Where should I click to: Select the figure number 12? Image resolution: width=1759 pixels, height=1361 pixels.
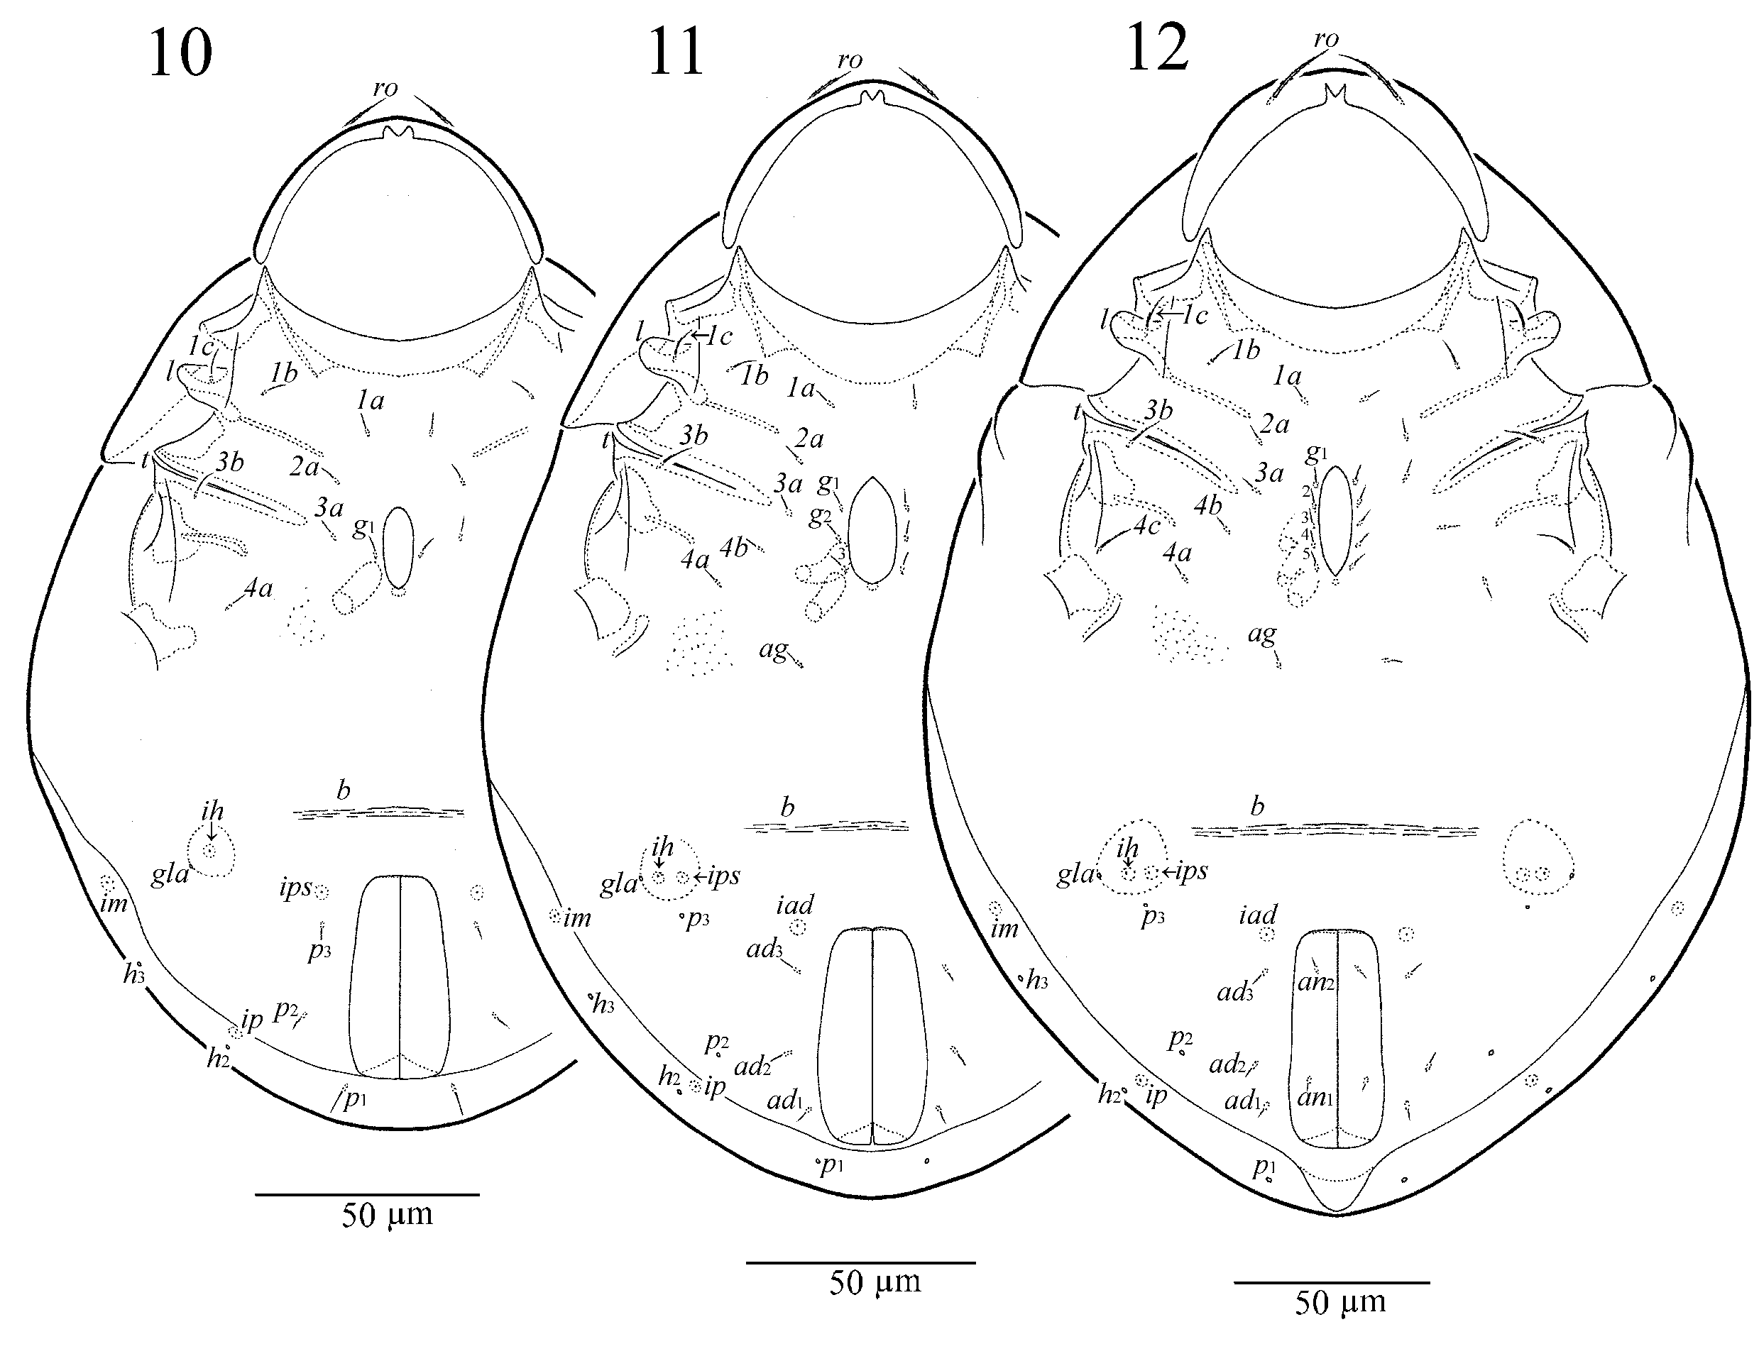click(x=1156, y=48)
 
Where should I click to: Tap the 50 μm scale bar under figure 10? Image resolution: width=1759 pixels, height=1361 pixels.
click(x=367, y=1194)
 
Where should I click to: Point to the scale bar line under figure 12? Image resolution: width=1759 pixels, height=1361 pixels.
click(x=1332, y=1282)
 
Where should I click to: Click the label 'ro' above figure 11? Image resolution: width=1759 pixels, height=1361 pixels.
click(x=850, y=60)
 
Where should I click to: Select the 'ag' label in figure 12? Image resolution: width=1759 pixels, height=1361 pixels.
click(x=1262, y=634)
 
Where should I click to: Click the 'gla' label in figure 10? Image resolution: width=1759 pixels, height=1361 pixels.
click(x=169, y=874)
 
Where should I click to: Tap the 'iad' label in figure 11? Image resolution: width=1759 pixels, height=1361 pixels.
click(x=795, y=905)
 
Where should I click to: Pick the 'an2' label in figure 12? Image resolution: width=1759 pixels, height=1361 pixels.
click(x=1316, y=981)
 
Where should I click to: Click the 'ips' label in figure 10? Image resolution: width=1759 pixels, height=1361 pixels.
click(x=295, y=888)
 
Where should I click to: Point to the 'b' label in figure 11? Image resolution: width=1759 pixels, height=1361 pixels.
click(x=787, y=806)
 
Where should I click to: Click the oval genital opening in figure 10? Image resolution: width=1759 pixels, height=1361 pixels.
click(x=398, y=548)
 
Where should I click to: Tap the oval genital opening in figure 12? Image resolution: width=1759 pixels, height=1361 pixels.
click(x=1336, y=521)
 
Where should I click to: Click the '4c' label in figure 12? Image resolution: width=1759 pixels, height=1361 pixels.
click(x=1147, y=526)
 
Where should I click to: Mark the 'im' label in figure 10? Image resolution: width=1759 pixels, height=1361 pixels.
click(x=114, y=903)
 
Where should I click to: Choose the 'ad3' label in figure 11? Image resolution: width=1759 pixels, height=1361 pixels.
click(x=764, y=949)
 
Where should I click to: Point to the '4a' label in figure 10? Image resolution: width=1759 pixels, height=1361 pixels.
click(x=258, y=589)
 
